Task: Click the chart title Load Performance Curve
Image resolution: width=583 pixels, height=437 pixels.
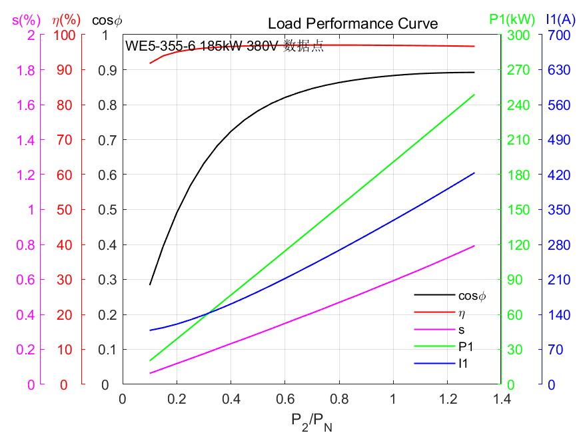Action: (x=352, y=24)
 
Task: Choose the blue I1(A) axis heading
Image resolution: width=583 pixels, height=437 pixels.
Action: (x=560, y=19)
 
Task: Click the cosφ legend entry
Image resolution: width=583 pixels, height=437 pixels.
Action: (x=472, y=295)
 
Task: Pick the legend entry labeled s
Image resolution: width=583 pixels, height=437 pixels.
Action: (x=461, y=329)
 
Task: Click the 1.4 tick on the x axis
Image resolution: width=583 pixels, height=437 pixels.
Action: (x=501, y=398)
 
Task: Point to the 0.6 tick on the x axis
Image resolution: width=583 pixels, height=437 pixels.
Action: (x=285, y=398)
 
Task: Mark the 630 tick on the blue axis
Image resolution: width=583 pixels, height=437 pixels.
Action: (x=558, y=70)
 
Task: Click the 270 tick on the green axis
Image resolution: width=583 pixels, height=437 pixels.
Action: (x=518, y=70)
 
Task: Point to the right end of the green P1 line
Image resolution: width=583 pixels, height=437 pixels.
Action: (x=474, y=95)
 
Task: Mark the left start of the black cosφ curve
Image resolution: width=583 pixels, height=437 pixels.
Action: (x=150, y=284)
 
